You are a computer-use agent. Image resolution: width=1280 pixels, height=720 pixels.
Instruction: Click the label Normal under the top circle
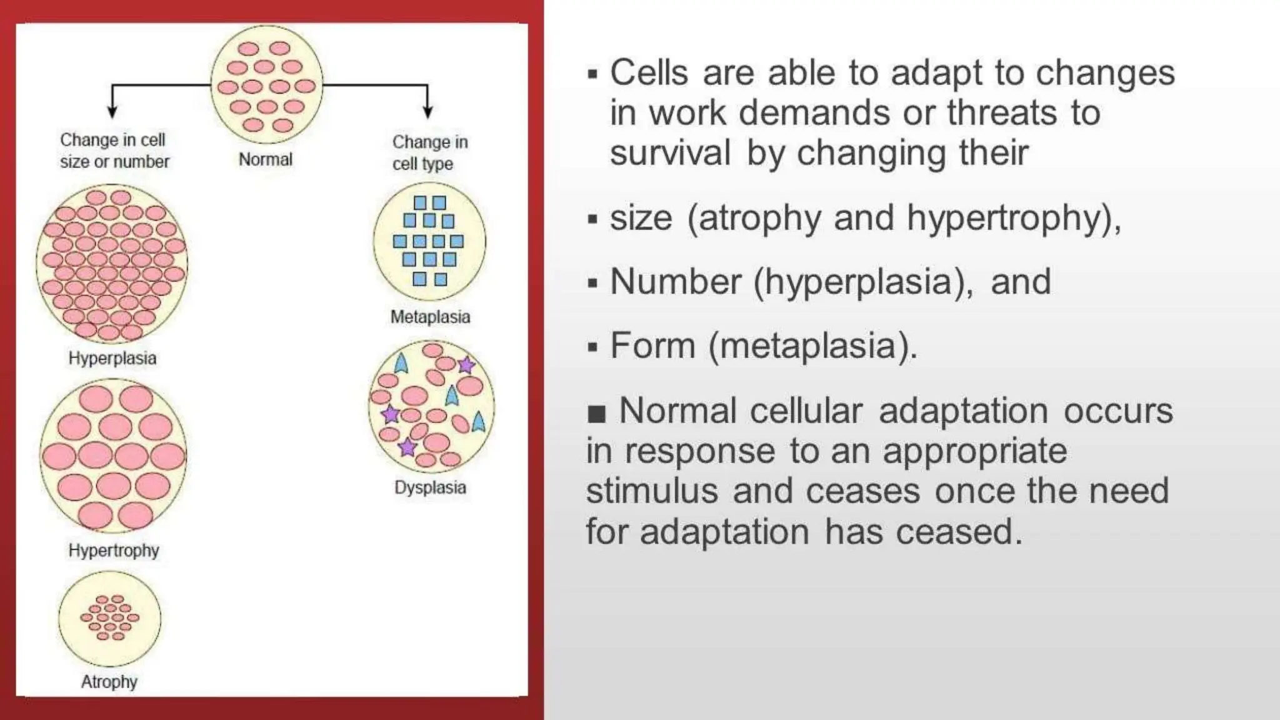(266, 160)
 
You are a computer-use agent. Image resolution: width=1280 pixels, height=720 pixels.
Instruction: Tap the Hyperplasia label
(112, 359)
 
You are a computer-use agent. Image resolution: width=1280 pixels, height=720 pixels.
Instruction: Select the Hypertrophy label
(114, 551)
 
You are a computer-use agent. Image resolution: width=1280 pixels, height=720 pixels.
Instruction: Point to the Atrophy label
(109, 682)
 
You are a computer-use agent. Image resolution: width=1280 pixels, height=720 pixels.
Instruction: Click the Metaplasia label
(430, 317)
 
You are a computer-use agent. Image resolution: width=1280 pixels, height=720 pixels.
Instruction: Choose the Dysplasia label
(430, 487)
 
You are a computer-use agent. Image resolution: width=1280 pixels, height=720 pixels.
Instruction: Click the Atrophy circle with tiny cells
(110, 618)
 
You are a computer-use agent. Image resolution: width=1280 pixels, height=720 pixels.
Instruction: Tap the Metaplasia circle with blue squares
(429, 241)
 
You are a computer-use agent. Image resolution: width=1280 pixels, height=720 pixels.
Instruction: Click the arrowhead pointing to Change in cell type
(427, 112)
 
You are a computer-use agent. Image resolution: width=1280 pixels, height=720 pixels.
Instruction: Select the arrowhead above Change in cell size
(112, 112)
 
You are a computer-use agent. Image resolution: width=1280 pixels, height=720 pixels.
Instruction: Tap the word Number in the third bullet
(675, 282)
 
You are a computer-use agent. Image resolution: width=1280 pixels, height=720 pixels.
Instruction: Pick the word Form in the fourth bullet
(652, 346)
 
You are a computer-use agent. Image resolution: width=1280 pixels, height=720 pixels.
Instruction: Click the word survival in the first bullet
(670, 153)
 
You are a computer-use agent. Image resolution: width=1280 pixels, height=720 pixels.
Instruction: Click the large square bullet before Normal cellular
(597, 414)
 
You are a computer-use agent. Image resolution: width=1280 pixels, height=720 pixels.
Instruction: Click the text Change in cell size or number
(114, 151)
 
